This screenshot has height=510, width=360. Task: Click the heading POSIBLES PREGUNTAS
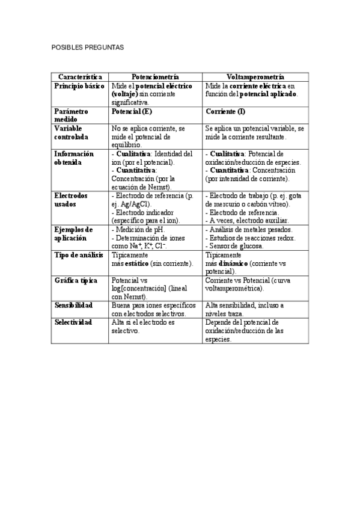(86, 47)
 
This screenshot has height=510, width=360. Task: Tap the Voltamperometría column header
(255, 78)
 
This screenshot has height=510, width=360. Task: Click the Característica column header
(80, 78)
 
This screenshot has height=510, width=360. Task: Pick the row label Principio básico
(79, 87)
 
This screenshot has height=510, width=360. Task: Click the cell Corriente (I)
(225, 112)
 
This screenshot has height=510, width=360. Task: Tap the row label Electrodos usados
(71, 200)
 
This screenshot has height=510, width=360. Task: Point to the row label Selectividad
(73, 322)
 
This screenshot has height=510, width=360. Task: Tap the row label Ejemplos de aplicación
(73, 234)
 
